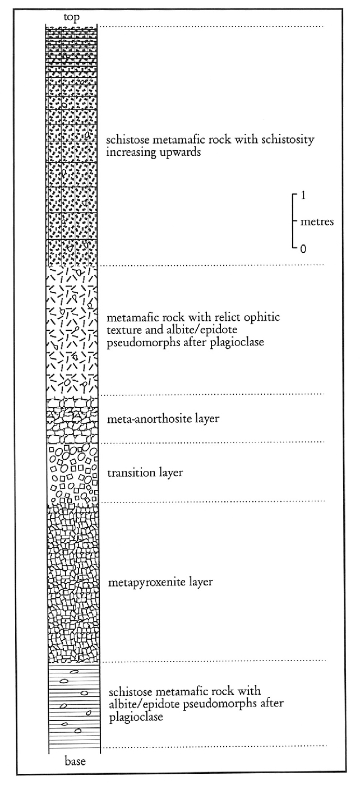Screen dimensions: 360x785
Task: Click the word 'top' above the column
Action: pos(72,17)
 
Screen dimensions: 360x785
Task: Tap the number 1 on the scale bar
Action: pos(303,196)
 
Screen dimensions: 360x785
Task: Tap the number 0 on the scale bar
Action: pos(303,249)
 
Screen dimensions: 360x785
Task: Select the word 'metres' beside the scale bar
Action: pos(317,222)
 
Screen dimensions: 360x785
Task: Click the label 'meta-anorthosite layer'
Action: pos(163,418)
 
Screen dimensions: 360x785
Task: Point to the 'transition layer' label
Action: pos(145,473)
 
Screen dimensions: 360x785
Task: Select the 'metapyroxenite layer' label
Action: pos(161,583)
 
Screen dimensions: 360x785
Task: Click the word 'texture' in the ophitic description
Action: pos(123,330)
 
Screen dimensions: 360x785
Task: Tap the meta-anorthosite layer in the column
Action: pos(73,420)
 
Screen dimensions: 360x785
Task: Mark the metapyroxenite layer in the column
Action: pos(73,583)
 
